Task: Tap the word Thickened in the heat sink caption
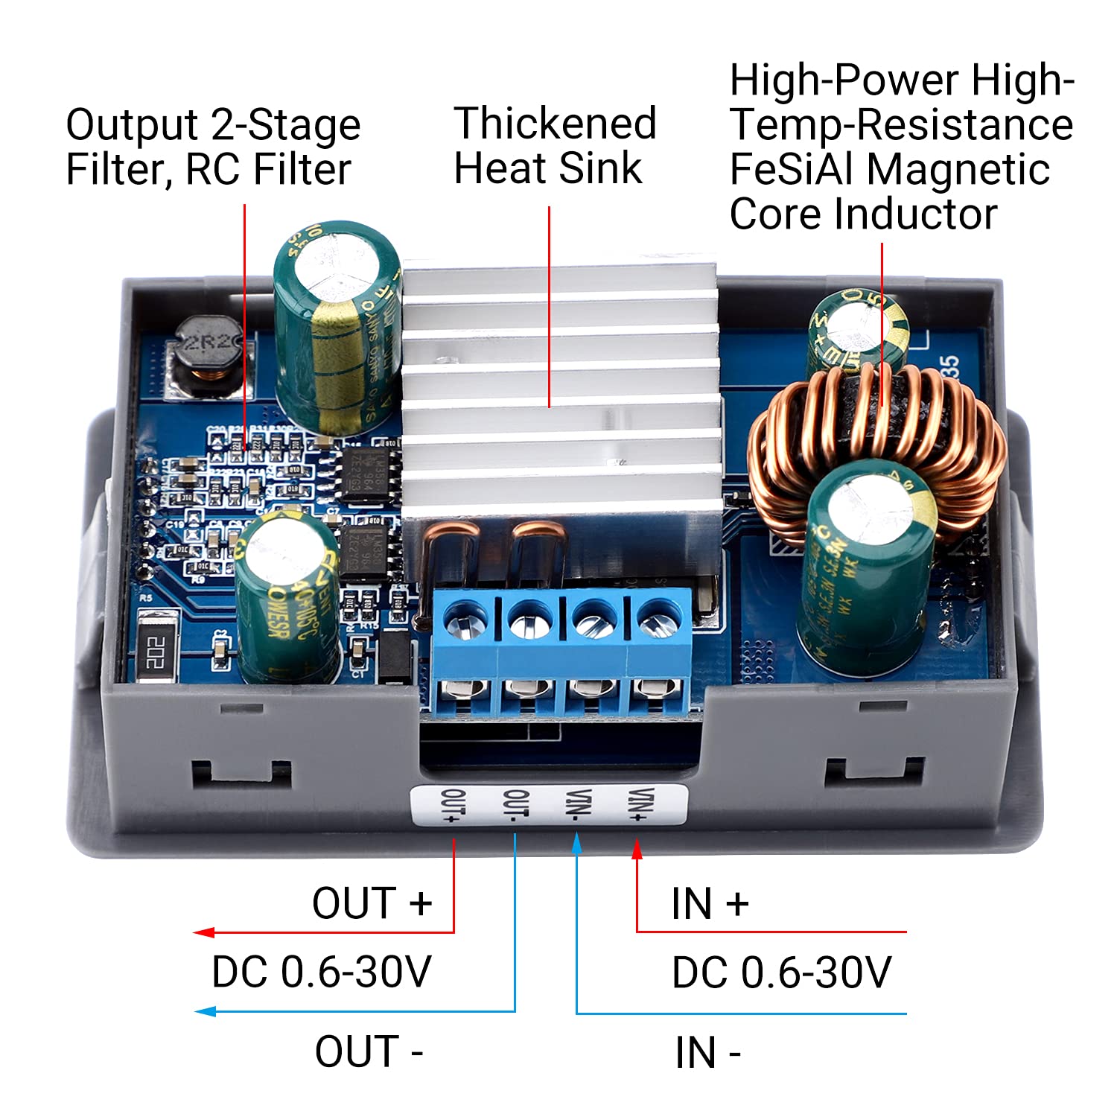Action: (555, 124)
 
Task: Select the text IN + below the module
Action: (709, 904)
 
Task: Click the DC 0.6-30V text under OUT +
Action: (321, 972)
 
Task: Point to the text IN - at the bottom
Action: (707, 1053)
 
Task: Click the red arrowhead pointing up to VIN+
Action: (637, 850)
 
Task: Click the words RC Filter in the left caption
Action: (268, 170)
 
